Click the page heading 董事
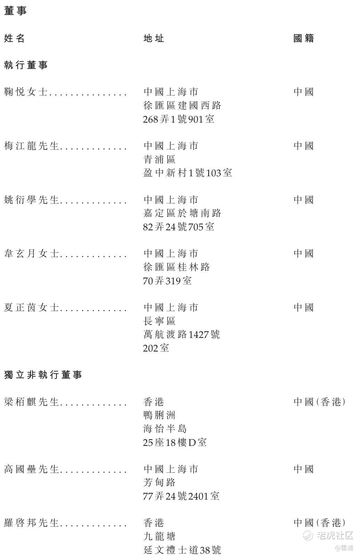[x=15, y=11]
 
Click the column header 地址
[x=154, y=38]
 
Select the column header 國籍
[x=304, y=38]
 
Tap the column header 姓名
[x=14, y=38]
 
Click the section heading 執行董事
[x=26, y=65]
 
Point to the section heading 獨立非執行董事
[x=43, y=375]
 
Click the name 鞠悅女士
[x=26, y=92]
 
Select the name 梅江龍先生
[x=32, y=146]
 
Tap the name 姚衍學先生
[x=32, y=200]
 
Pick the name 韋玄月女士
[x=32, y=253]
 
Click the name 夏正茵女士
[x=32, y=308]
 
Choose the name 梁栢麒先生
[x=32, y=402]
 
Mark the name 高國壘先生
[x=32, y=469]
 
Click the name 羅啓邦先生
[x=32, y=523]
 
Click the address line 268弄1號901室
[x=179, y=119]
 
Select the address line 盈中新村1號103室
[x=188, y=173]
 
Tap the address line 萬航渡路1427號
[x=182, y=334]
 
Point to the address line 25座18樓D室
[x=175, y=442]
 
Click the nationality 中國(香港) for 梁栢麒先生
[x=320, y=402]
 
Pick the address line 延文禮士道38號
[x=182, y=550]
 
